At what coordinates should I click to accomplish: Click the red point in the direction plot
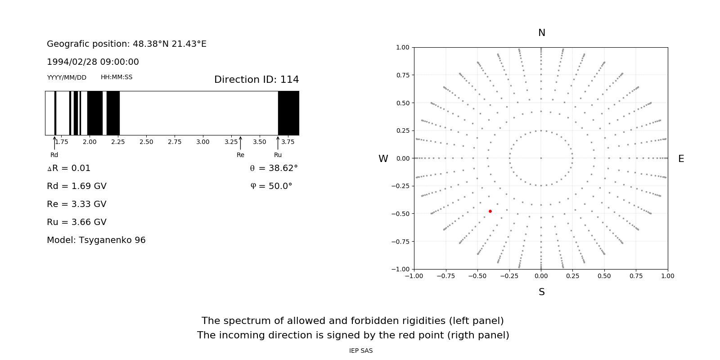tap(490, 211)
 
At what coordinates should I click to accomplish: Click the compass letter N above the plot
tap(542, 33)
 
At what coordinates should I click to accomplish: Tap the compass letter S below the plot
tap(542, 292)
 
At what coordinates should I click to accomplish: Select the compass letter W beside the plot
tap(383, 159)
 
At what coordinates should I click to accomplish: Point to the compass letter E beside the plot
tap(681, 159)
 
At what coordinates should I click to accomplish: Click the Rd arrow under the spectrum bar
tap(54, 143)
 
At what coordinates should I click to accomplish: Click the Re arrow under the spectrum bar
tap(240, 143)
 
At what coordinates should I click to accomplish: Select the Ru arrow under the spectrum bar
tap(278, 143)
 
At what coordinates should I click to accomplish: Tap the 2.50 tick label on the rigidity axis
tap(146, 142)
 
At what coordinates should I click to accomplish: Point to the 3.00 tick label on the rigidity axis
tap(203, 142)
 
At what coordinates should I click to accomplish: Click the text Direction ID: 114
tap(256, 80)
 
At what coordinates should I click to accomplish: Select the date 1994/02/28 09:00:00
tap(93, 62)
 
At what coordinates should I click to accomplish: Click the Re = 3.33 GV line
tap(76, 204)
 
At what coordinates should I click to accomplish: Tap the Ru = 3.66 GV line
tap(76, 222)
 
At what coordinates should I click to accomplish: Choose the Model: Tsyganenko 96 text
tap(96, 240)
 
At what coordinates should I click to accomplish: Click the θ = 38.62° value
tap(274, 168)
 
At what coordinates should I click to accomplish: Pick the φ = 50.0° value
tap(271, 186)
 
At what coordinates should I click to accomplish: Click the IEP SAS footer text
tap(361, 351)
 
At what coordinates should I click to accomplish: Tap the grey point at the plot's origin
tap(541, 158)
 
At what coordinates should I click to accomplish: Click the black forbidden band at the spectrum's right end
tap(288, 113)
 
